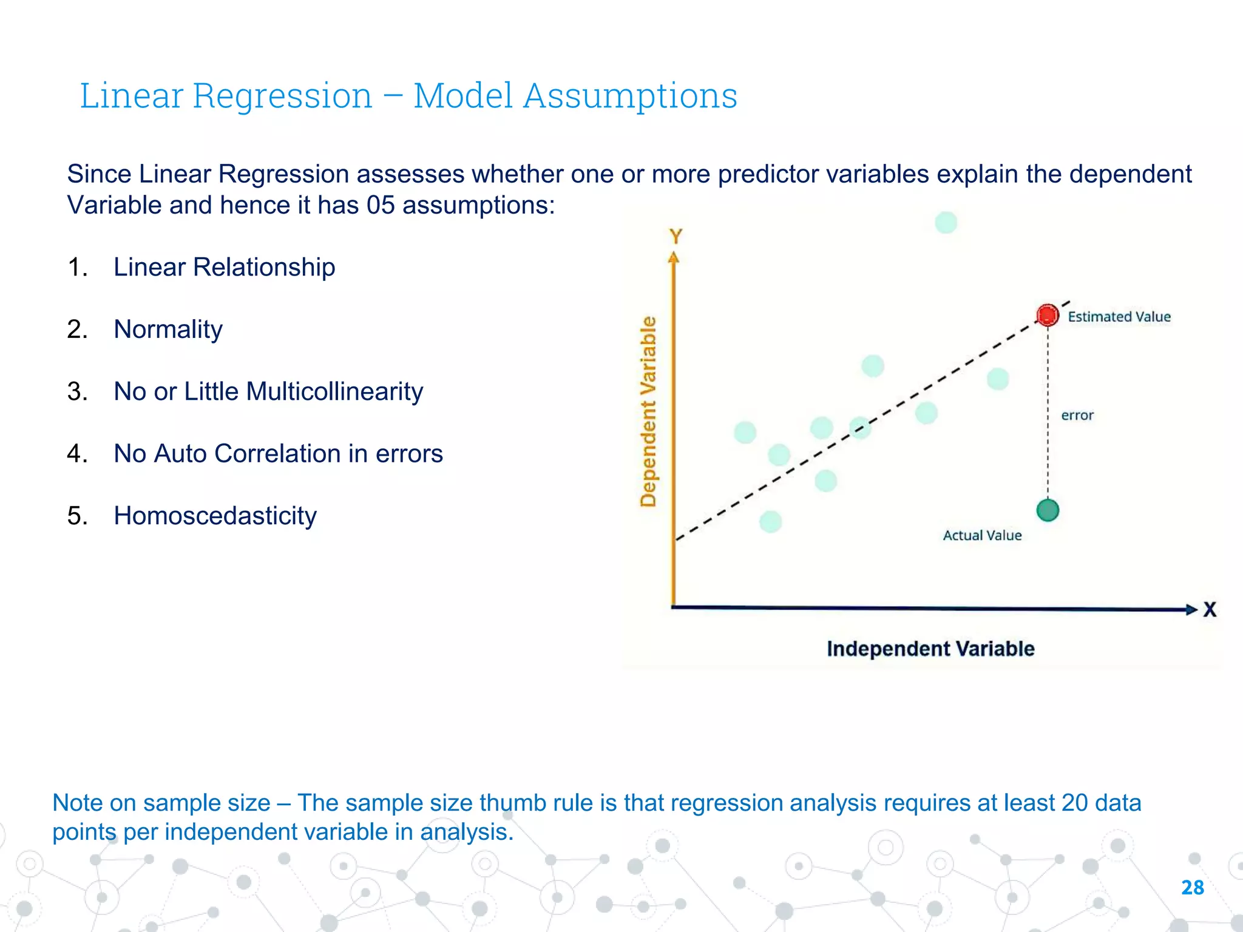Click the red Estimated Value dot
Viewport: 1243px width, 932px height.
(1048, 316)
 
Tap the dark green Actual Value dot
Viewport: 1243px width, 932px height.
(1048, 510)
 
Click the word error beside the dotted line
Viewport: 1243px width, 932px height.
(1077, 416)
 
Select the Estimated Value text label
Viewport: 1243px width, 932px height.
(1119, 317)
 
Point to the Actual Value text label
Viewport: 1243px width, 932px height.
(982, 535)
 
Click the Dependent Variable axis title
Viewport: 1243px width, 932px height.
(649, 411)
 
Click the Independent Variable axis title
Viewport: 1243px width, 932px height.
(930, 649)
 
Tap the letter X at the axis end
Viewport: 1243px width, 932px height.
(1210, 610)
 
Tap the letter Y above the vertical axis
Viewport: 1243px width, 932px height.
(676, 236)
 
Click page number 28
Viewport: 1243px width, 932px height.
(1192, 888)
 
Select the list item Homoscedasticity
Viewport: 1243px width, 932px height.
(215, 516)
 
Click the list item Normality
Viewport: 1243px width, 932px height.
(168, 329)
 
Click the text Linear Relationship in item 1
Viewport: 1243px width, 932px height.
(224, 267)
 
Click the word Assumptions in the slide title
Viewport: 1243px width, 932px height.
(630, 96)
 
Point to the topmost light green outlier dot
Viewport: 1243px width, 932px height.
(946, 223)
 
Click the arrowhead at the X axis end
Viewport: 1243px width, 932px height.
(1191, 609)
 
